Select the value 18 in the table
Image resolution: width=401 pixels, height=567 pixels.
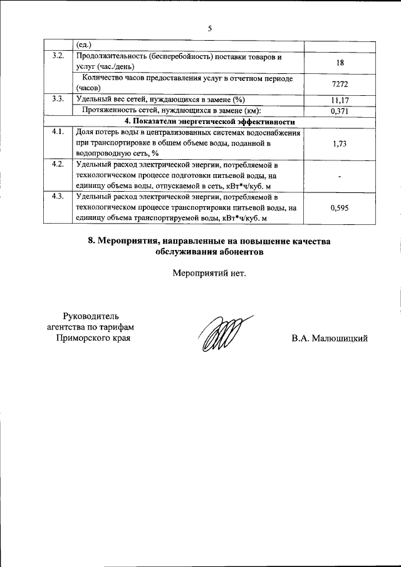click(x=339, y=63)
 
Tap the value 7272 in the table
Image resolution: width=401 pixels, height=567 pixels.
click(x=339, y=83)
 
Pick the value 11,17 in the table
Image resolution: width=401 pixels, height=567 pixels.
click(x=339, y=100)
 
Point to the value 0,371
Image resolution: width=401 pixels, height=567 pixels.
click(x=339, y=111)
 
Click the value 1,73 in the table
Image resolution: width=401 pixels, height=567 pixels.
click(x=339, y=143)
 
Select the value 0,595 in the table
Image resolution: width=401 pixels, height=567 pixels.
click(x=339, y=209)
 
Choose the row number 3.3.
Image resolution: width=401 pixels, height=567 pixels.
click(x=58, y=100)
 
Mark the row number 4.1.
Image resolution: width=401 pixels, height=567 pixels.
click(x=58, y=132)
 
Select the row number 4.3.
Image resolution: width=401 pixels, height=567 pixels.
click(x=58, y=197)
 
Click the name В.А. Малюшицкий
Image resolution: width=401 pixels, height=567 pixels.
click(x=329, y=339)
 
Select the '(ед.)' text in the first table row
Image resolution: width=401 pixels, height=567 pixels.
click(x=83, y=45)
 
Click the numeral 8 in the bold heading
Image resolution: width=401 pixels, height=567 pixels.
click(x=91, y=241)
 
